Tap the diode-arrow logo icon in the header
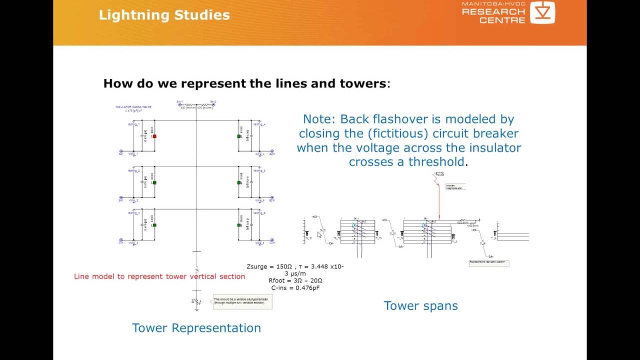[x=542, y=12]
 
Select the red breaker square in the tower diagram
[x=154, y=136]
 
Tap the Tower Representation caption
[x=196, y=328]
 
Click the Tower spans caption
[x=420, y=305]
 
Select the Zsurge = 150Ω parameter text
[x=270, y=266]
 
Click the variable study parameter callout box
[x=242, y=301]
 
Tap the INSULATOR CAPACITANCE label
[x=133, y=107]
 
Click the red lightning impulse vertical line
[x=439, y=200]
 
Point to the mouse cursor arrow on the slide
[x=319, y=234]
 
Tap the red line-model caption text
[x=159, y=276]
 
